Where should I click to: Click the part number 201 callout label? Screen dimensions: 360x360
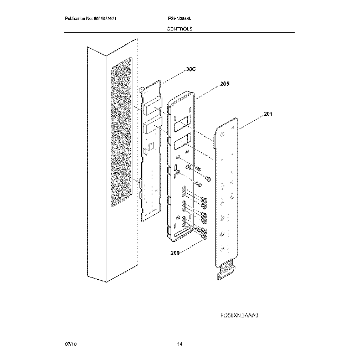coord(268,115)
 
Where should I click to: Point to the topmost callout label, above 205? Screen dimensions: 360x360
coord(191,69)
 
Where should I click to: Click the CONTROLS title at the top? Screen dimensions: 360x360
coord(179,28)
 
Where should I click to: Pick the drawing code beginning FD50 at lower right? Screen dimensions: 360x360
coord(240,315)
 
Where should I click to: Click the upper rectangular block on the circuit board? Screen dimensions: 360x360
coord(151,107)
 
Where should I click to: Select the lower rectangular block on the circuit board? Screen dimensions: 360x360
coord(152,128)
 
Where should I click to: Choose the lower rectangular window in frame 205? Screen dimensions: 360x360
coord(182,146)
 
